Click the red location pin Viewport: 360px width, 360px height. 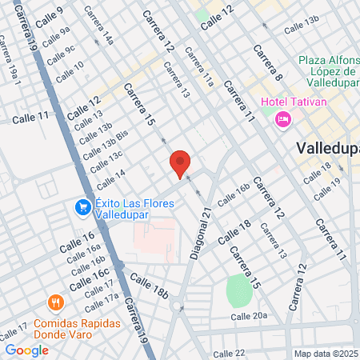pyautogui.click(x=180, y=163)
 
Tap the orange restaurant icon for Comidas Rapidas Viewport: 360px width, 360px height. pyautogui.click(x=55, y=302)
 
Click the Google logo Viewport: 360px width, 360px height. pyautogui.click(x=26, y=350)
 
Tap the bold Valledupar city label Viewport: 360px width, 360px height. pyautogui.click(x=327, y=148)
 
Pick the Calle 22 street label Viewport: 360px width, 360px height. pyautogui.click(x=229, y=353)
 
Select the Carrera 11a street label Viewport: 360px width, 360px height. pyautogui.click(x=198, y=66)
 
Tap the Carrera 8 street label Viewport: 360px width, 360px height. pyautogui.click(x=267, y=63)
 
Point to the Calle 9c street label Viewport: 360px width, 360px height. pyautogui.click(x=60, y=54)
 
